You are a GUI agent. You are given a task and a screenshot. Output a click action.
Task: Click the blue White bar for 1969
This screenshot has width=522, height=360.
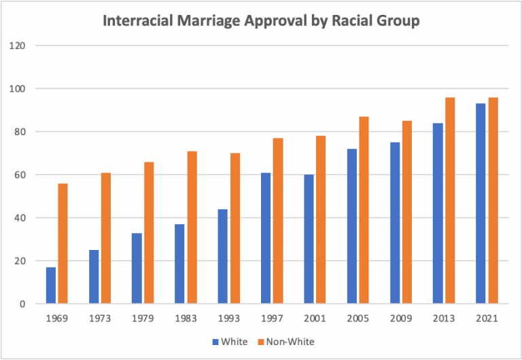[x=51, y=285]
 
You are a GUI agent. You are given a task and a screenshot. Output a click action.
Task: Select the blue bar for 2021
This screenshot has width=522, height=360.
[x=481, y=204]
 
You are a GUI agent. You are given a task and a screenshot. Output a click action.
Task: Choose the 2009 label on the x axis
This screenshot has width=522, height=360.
[x=400, y=319]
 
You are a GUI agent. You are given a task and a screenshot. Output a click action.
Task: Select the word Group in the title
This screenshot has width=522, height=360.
[x=398, y=21]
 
